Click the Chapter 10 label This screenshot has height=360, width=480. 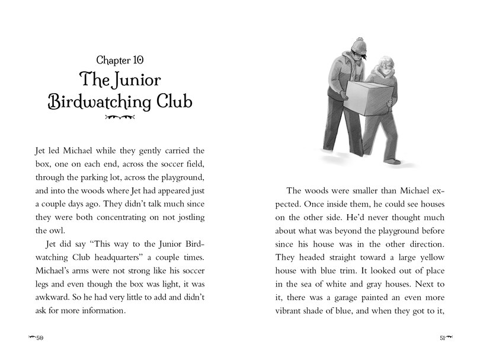(120, 60)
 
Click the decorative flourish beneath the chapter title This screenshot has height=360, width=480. (120, 118)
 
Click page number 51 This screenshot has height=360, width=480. (441, 338)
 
